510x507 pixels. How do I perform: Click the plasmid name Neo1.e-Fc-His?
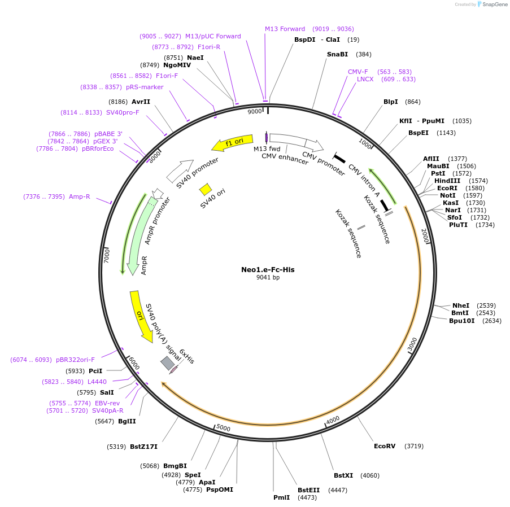pyautogui.click(x=268, y=269)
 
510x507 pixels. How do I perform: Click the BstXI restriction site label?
pyautogui.click(x=343, y=475)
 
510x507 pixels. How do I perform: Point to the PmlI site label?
pyautogui.click(x=281, y=497)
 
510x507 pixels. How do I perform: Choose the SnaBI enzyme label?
pyautogui.click(x=337, y=54)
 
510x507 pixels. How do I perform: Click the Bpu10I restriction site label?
pyautogui.click(x=462, y=321)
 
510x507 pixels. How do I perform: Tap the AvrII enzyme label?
pyautogui.click(x=141, y=102)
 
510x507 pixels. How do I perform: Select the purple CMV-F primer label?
pyautogui.click(x=358, y=72)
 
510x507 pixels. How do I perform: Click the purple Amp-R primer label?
pyautogui.click(x=79, y=196)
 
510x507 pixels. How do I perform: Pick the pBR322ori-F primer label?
pyautogui.click(x=75, y=360)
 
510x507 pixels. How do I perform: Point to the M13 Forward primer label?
pyautogui.click(x=285, y=29)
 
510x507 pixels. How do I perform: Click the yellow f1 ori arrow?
pyautogui.click(x=232, y=144)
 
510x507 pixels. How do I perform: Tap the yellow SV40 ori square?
pyautogui.click(x=206, y=189)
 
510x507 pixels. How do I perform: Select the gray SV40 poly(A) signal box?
pyautogui.click(x=167, y=364)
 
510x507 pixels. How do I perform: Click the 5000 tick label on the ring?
pyautogui.click(x=224, y=428)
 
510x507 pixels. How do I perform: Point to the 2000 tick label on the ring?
pyautogui.click(x=425, y=237)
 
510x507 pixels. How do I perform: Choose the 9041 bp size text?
pyautogui.click(x=268, y=278)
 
